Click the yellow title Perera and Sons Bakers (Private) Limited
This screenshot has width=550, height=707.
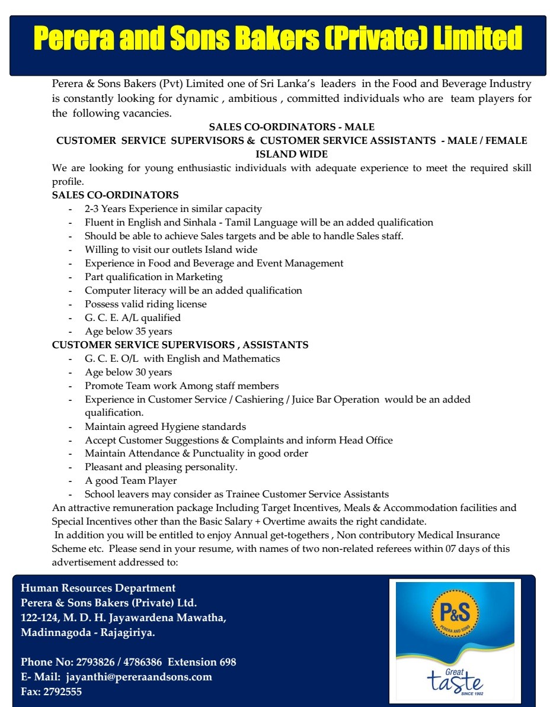277,39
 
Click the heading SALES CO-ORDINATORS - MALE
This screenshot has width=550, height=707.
292,127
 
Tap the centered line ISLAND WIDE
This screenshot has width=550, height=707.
292,154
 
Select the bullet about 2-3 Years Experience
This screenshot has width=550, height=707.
173,209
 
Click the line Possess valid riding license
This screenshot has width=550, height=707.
146,304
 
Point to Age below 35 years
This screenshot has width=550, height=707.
129,332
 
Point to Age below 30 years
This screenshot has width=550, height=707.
129,372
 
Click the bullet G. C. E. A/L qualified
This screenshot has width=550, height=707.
133,318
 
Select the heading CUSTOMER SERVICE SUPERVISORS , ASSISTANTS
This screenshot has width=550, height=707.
180,345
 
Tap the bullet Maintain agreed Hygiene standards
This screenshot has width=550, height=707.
165,427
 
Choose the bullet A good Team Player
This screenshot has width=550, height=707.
131,481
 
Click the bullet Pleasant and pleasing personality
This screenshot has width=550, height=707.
161,467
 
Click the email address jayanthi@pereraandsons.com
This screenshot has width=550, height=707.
139,677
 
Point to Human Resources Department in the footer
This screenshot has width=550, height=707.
98,588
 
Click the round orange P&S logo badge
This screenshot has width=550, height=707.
455,613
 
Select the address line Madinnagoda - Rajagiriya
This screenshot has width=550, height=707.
88,632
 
